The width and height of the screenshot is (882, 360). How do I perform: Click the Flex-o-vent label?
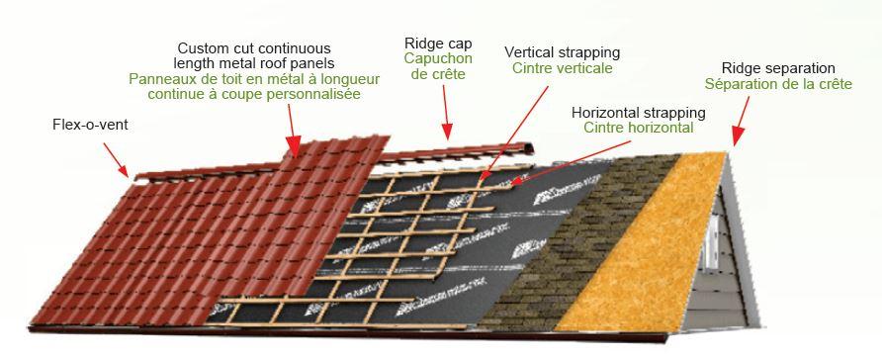coord(90,127)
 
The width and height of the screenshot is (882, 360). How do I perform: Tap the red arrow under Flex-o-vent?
coord(116,158)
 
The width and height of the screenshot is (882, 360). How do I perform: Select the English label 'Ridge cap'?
coord(438,44)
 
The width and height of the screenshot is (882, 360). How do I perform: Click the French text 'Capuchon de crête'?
coord(438,66)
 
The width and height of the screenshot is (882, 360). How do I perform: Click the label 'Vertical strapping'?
coord(562,51)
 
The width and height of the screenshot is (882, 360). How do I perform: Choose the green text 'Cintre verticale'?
coord(562,68)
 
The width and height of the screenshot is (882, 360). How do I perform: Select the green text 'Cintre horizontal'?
coord(638,128)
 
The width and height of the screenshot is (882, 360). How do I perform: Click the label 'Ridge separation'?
coord(771,68)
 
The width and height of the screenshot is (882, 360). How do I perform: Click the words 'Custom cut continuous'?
coord(254,48)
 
